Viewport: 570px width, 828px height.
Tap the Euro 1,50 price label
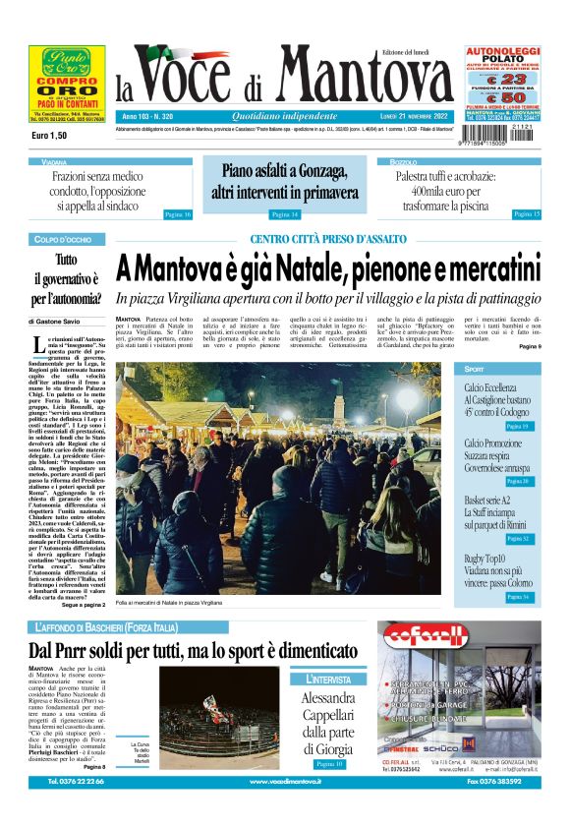tap(48, 134)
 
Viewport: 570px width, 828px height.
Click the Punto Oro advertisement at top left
tap(66, 87)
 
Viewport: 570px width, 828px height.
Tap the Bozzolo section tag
tap(404, 160)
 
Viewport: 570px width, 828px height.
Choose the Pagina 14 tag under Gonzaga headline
tap(284, 213)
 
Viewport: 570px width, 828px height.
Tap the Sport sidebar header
tap(476, 369)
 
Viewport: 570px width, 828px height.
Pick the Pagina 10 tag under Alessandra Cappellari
tap(328, 763)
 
